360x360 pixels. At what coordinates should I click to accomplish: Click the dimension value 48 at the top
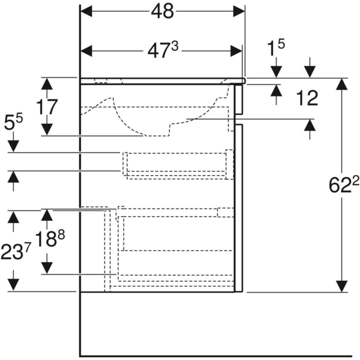tap(163, 11)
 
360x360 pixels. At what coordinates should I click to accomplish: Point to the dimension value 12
tap(307, 99)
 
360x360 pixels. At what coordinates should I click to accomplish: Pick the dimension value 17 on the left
tap(46, 107)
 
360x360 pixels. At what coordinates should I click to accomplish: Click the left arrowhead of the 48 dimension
tap(86, 11)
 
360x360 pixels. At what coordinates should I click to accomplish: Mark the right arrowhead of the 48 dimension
tap(239, 11)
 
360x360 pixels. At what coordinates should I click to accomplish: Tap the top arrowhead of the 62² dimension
tap(341, 83)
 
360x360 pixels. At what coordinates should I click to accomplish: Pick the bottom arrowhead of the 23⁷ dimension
tap(13, 286)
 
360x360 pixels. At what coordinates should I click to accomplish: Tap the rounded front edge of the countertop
tap(244, 79)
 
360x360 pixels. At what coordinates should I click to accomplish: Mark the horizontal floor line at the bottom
tap(216, 355)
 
